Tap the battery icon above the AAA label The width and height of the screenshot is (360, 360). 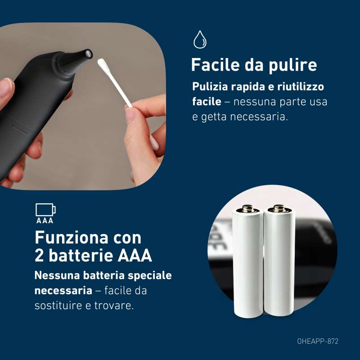[45, 210]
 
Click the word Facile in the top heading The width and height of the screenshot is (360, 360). [216, 65]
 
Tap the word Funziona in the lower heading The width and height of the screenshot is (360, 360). [72, 238]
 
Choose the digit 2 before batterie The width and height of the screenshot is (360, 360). [39, 255]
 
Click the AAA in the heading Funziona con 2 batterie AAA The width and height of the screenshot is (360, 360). [135, 255]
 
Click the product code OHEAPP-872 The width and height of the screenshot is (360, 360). [318, 342]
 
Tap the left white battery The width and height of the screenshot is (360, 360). [248, 261]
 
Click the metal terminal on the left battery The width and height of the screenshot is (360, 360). [248, 208]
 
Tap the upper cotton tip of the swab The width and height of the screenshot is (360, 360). [102, 63]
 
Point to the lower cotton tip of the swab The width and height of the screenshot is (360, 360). [154, 142]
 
